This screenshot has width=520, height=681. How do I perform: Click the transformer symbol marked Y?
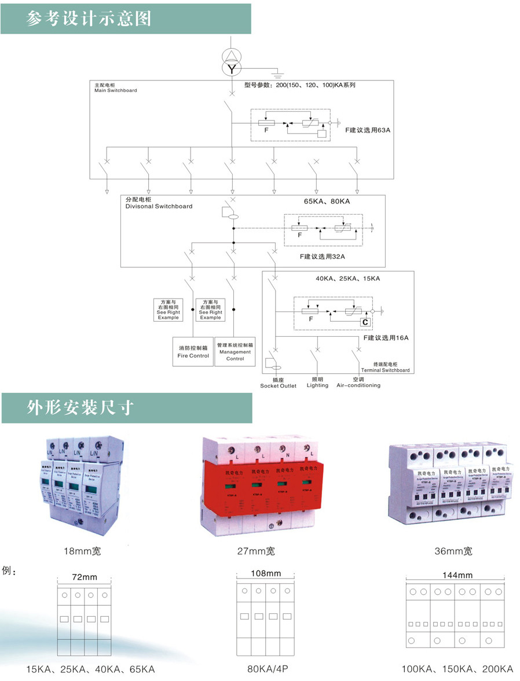point(232,69)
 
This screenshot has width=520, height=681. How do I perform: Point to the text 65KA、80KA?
point(327,202)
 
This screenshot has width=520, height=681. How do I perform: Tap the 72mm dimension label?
point(85,577)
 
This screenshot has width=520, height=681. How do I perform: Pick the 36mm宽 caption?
point(453,551)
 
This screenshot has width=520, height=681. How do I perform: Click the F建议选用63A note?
point(368,131)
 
